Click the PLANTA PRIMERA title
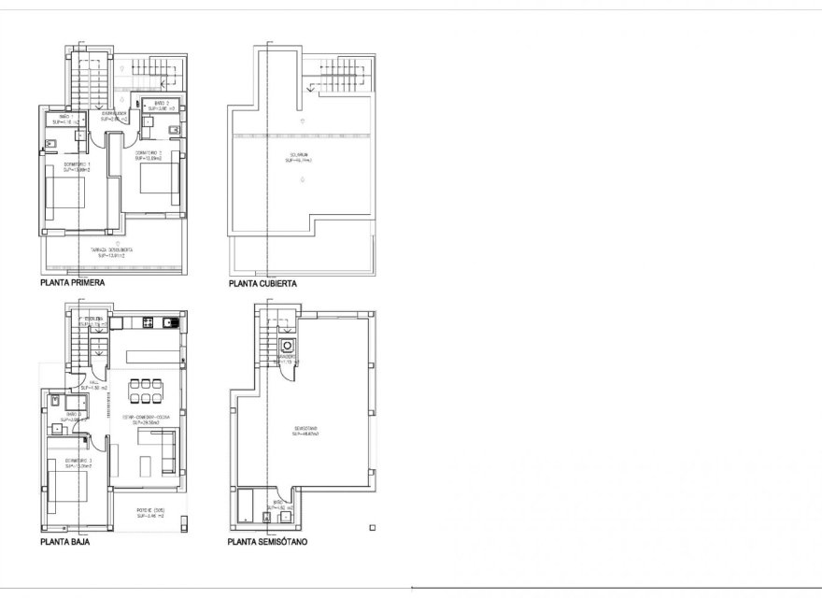(x=72, y=280)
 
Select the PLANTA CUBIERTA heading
(x=262, y=283)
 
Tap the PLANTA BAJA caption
(x=64, y=540)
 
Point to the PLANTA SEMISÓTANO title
(x=268, y=541)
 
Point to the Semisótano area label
(x=305, y=431)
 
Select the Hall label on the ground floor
(x=94, y=384)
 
